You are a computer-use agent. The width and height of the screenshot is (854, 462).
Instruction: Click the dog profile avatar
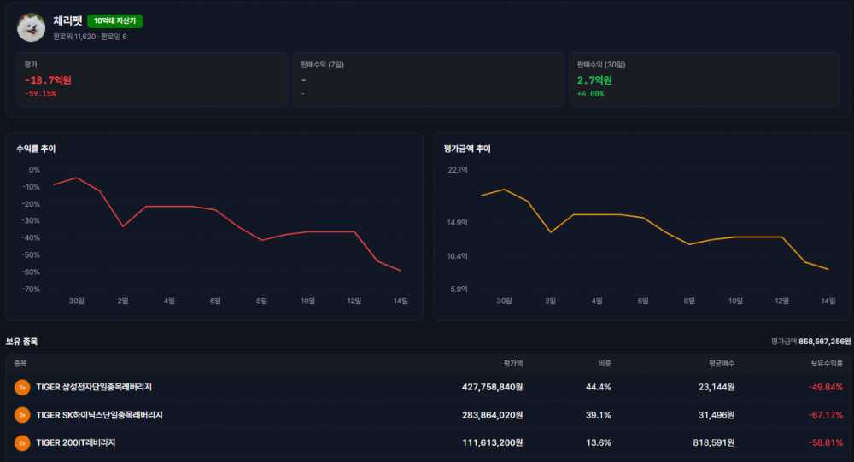(x=31, y=27)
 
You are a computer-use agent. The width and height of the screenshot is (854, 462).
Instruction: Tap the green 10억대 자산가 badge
(x=114, y=20)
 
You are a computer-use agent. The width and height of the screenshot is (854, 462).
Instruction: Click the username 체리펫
(x=67, y=20)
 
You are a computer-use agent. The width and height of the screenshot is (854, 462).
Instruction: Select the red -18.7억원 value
(x=48, y=80)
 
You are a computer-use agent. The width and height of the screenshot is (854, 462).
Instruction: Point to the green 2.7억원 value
(x=594, y=80)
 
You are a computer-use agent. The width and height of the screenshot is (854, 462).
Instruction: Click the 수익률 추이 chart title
(x=36, y=149)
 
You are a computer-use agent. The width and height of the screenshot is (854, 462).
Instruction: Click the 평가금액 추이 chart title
(x=467, y=149)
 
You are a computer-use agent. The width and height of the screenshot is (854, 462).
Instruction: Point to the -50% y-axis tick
(x=31, y=255)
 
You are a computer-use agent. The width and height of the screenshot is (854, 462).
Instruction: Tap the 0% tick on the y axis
(x=34, y=170)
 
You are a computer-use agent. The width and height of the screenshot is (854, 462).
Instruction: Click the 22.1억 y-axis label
(x=458, y=170)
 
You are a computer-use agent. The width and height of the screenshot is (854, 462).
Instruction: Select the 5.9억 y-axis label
(x=459, y=289)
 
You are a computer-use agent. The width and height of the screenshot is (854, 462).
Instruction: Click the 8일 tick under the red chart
(x=262, y=301)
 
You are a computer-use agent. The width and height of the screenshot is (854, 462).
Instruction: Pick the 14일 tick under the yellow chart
(x=828, y=301)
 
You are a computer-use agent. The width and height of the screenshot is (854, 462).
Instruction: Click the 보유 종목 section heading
(x=22, y=342)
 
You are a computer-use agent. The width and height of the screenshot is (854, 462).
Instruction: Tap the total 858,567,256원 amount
(x=825, y=342)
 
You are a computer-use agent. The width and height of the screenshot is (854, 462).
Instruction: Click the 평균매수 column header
(x=722, y=364)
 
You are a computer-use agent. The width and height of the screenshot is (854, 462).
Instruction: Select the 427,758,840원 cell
(x=493, y=387)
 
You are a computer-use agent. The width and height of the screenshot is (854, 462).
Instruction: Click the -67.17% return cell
(x=826, y=415)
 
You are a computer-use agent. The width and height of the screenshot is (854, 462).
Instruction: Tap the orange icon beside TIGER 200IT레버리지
(x=22, y=443)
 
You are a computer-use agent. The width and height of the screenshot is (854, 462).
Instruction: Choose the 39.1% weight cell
(x=598, y=415)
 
